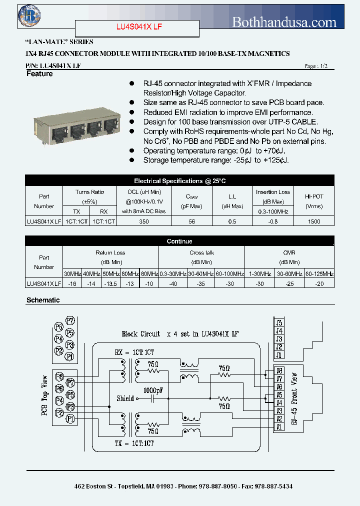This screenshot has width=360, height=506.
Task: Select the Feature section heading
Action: [x=39, y=74]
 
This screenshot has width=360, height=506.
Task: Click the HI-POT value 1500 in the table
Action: [x=314, y=221]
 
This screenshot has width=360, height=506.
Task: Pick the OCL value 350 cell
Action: [x=144, y=221]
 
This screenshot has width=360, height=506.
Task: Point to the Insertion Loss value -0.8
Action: [x=273, y=221]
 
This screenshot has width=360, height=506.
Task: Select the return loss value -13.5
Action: [x=110, y=283]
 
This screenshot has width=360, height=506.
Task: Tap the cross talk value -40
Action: [x=173, y=283]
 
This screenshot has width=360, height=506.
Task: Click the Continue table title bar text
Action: [x=179, y=241]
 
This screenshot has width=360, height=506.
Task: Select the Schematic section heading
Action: [x=43, y=300]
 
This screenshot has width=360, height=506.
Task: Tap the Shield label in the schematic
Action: [x=125, y=398]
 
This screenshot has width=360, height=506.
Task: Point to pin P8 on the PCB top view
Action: [x=59, y=376]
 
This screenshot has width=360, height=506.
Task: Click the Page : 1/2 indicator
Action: [x=316, y=66]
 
